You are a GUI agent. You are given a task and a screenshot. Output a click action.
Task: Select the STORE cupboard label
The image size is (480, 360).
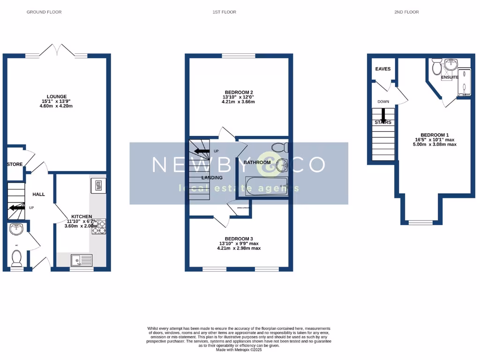[15, 165]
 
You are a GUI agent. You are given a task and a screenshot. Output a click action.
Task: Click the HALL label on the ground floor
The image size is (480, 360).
[38, 194]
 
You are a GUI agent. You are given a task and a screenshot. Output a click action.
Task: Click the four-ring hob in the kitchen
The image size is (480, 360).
[98, 226]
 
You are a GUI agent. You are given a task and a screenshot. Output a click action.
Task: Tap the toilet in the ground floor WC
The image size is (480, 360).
[17, 257]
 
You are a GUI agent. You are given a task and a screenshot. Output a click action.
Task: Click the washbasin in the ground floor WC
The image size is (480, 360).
[17, 229]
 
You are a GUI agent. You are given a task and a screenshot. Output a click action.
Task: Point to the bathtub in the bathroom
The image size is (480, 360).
[263, 186]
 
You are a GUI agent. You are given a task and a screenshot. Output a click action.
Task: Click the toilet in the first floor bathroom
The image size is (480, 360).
[280, 148]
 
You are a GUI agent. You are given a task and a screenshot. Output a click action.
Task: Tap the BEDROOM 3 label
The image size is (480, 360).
[239, 238]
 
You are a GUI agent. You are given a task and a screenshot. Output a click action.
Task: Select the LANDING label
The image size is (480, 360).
[212, 178]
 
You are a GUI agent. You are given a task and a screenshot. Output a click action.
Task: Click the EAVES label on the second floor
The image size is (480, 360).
[383, 69]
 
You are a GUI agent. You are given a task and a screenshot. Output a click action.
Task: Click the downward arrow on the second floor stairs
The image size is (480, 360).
[383, 115]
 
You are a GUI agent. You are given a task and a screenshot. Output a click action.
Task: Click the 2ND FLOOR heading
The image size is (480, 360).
[406, 12]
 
